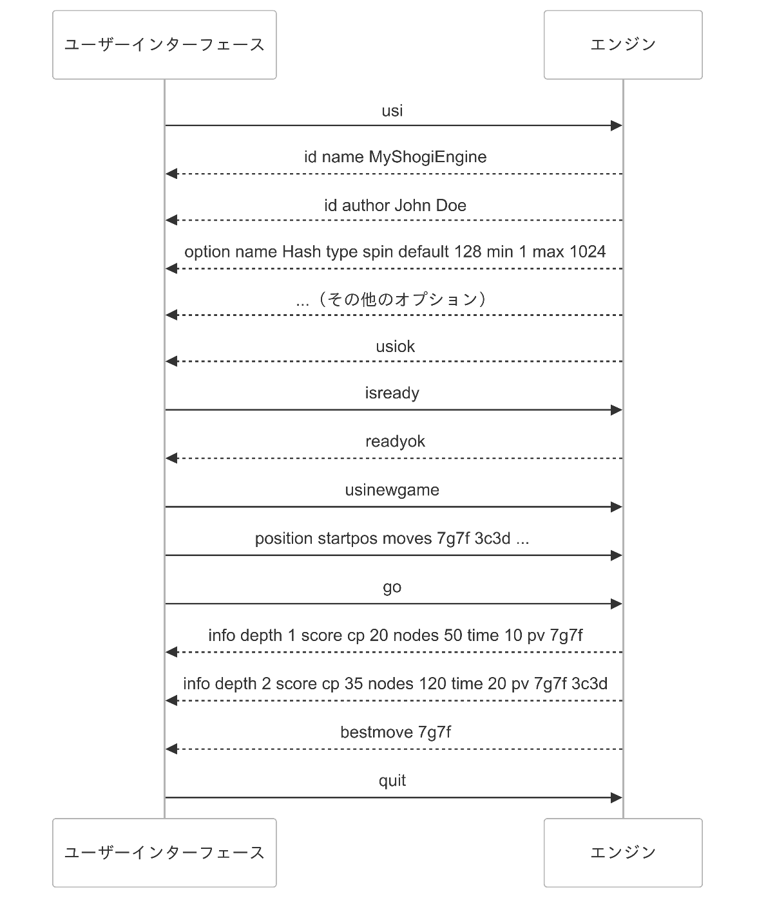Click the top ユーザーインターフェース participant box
coord(164,45)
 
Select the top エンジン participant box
coord(623,45)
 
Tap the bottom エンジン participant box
coord(623,853)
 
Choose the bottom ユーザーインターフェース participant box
coord(164,853)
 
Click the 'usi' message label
coord(392,111)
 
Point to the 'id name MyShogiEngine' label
coord(396,157)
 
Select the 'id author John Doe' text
coord(396,205)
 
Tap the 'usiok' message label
coord(396,346)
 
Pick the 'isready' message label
coord(392,393)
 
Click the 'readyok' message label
coord(396,441)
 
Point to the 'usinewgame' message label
coord(392,490)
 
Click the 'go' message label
coord(392,588)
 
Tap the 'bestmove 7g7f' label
coord(396,732)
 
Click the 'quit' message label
coord(392,781)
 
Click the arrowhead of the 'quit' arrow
coord(617,798)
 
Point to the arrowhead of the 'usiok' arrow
coord(171,361)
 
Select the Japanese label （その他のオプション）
coord(403,299)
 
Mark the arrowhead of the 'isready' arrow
coord(617,410)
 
